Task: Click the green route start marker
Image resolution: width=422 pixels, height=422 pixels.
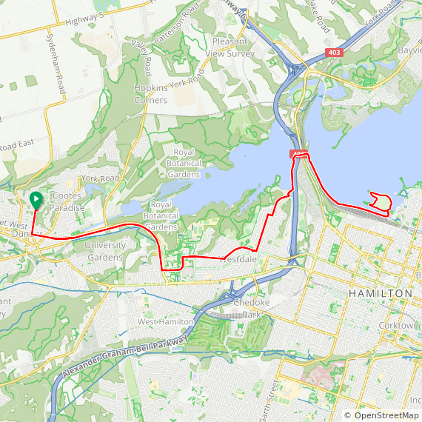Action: click(x=36, y=198)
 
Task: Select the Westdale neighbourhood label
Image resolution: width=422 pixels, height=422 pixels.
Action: click(x=238, y=260)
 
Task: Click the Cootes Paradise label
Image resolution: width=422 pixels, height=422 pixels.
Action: click(x=68, y=201)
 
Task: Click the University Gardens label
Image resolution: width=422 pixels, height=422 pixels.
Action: click(x=104, y=251)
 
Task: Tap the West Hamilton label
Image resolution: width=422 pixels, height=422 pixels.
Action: click(x=165, y=321)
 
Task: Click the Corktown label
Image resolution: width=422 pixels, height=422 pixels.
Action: click(x=408, y=324)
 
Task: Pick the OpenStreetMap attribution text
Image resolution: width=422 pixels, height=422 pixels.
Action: click(x=381, y=415)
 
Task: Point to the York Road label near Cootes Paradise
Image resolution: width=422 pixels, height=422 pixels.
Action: click(x=100, y=178)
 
